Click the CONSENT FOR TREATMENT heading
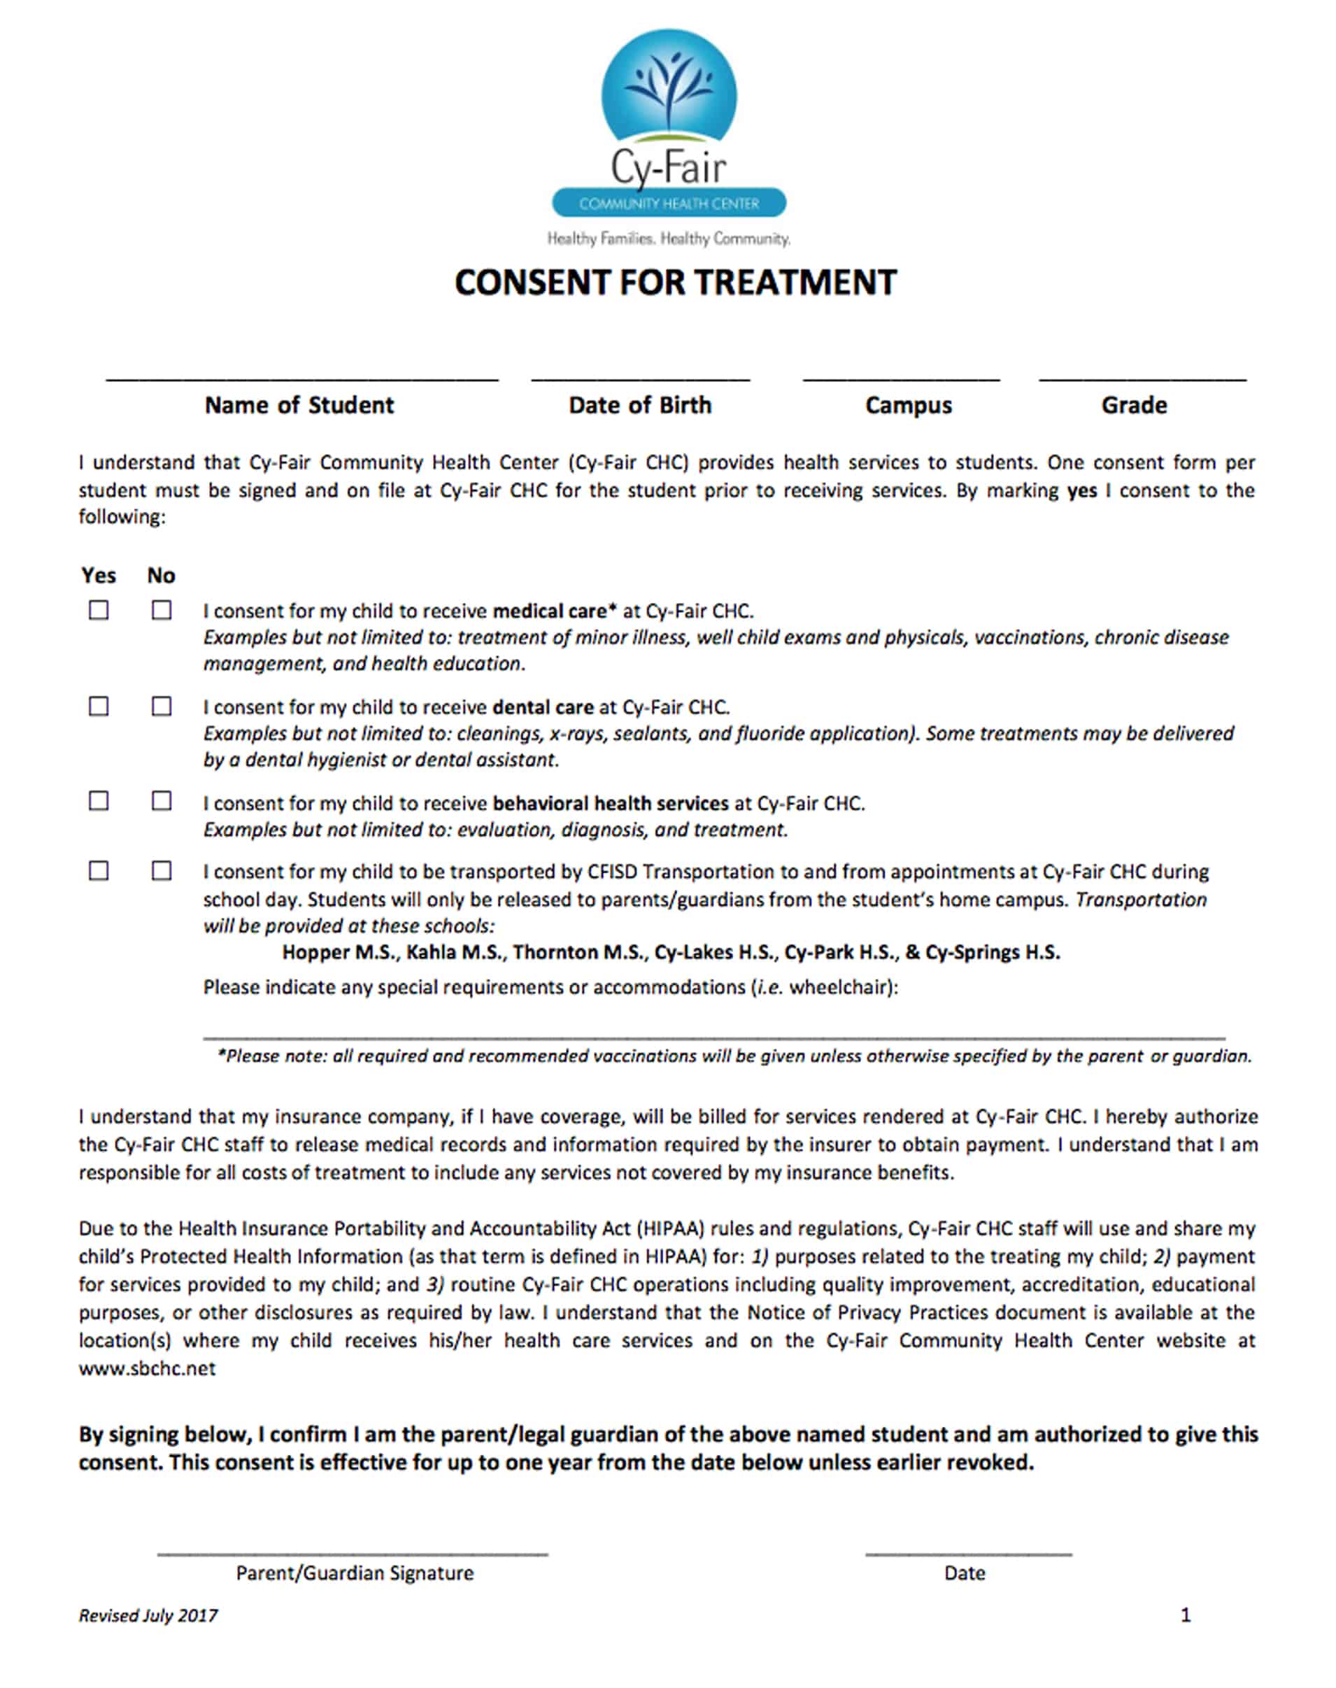click(x=675, y=283)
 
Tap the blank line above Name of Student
click(x=302, y=379)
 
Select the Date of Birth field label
click(x=640, y=405)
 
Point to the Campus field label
click(x=908, y=405)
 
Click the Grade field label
click(x=1133, y=405)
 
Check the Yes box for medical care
click(x=99, y=610)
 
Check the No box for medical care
click(x=161, y=610)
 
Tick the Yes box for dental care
click(x=99, y=707)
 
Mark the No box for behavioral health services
click(x=161, y=801)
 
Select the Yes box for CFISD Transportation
click(x=99, y=871)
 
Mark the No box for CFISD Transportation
click(x=161, y=871)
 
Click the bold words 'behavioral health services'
click(x=610, y=803)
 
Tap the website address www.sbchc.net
click(x=147, y=1368)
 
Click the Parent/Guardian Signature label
click(x=355, y=1573)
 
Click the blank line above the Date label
click(x=967, y=1554)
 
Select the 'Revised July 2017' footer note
click(x=148, y=1615)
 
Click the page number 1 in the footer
click(x=1185, y=1615)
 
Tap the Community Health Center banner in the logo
click(x=669, y=204)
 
